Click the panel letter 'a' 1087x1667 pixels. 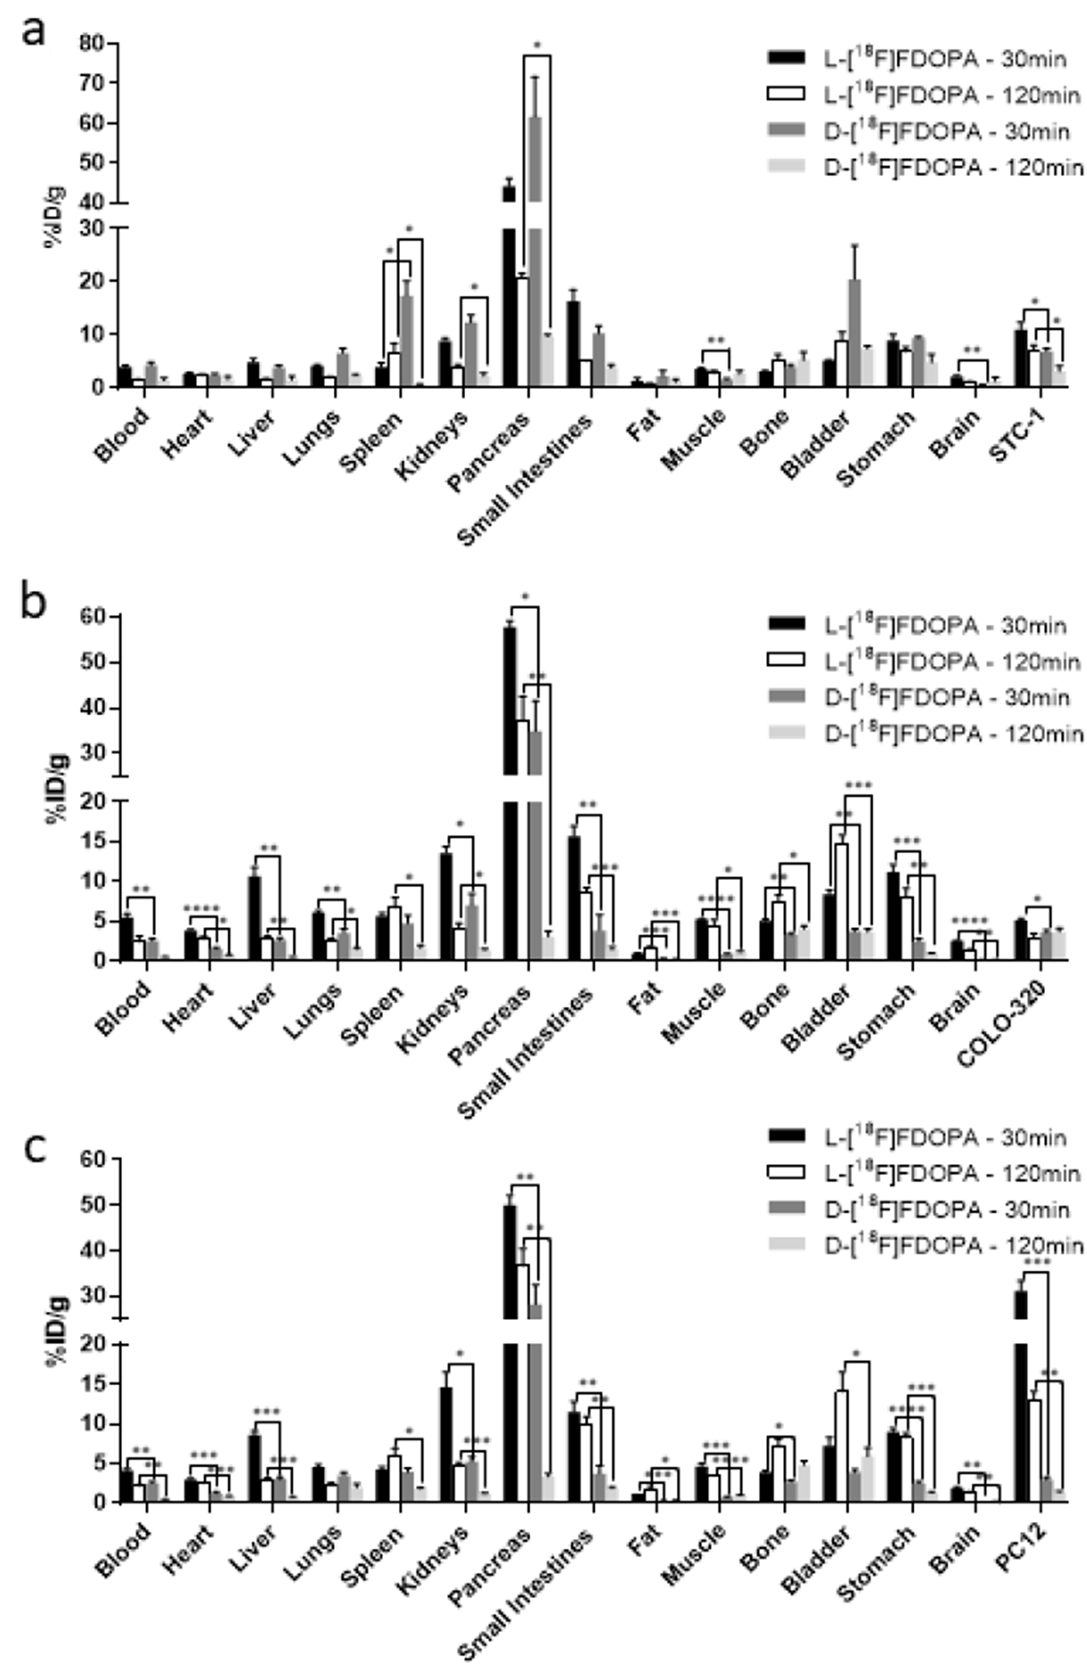coord(34,32)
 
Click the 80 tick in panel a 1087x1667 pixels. coord(92,44)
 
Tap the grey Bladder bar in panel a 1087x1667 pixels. coord(854,333)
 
